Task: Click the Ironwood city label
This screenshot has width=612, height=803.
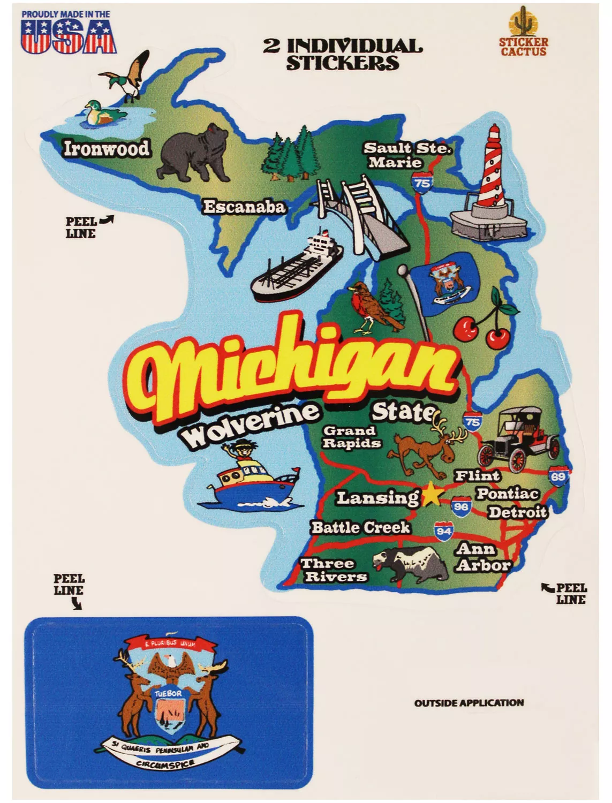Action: [106, 148]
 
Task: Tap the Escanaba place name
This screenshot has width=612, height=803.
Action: [244, 207]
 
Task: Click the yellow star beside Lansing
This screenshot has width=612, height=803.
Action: [431, 495]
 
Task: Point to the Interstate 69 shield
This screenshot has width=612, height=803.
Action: [557, 476]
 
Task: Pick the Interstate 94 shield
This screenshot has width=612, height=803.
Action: [443, 531]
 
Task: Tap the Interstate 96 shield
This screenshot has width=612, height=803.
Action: [460, 506]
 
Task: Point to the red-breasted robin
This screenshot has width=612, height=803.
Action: [371, 308]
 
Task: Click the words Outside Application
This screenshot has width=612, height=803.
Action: [469, 703]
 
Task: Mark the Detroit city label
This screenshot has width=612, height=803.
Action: [517, 512]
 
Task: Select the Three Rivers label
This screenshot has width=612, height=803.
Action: [334, 570]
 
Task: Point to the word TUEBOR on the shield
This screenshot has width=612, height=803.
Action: [168, 693]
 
